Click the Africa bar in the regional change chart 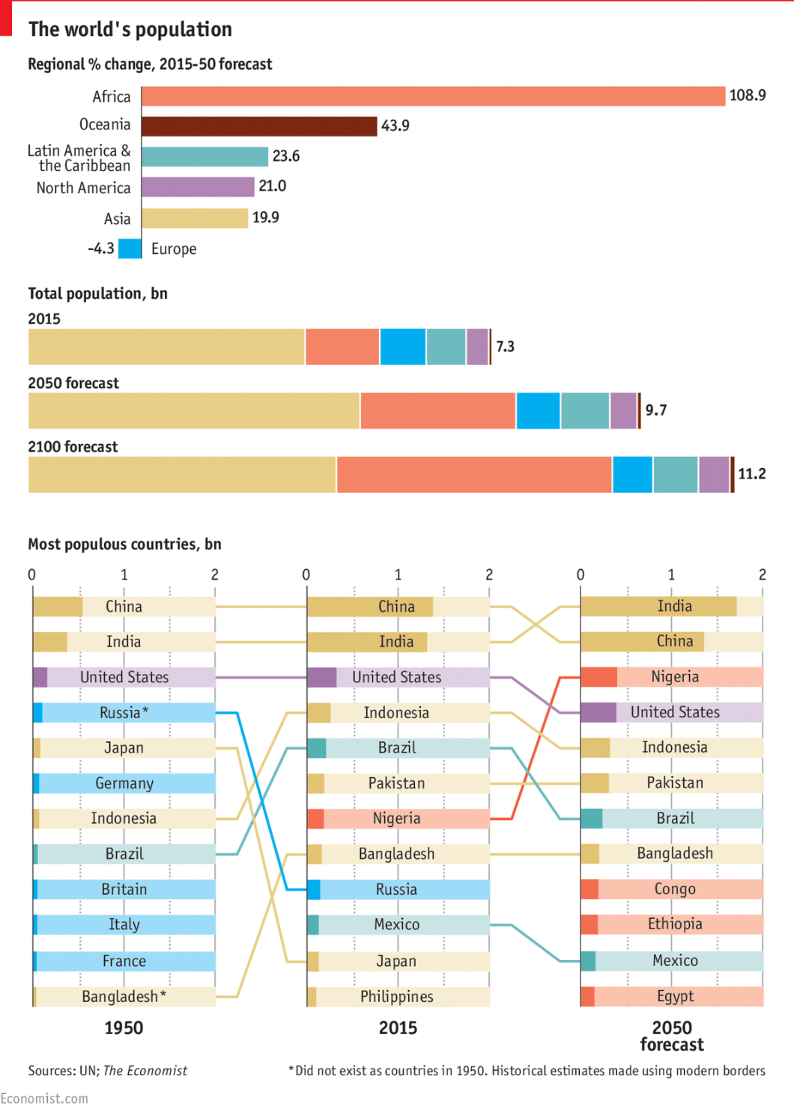pyautogui.click(x=433, y=96)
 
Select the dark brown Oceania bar pyautogui.click(x=259, y=126)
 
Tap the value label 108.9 pyautogui.click(x=747, y=95)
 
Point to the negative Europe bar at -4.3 pyautogui.click(x=130, y=249)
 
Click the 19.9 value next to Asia pyautogui.click(x=265, y=217)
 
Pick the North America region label pyautogui.click(x=83, y=188)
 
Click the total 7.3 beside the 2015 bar pyautogui.click(x=505, y=347)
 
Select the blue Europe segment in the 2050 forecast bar pyautogui.click(x=538, y=410)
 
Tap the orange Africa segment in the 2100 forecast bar pyautogui.click(x=474, y=475)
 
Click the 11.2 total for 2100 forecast pyautogui.click(x=751, y=474)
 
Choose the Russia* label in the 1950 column pyautogui.click(x=124, y=713)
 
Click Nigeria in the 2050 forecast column pyautogui.click(x=674, y=677)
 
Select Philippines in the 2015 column pyautogui.click(x=396, y=997)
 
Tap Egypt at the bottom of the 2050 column pyautogui.click(x=675, y=997)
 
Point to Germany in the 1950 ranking pyautogui.click(x=124, y=783)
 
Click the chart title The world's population pyautogui.click(x=130, y=29)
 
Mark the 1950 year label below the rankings pyautogui.click(x=124, y=1028)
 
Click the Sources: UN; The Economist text pyautogui.click(x=107, y=1071)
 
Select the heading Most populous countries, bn pyautogui.click(x=124, y=544)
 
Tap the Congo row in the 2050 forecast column pyautogui.click(x=674, y=889)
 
